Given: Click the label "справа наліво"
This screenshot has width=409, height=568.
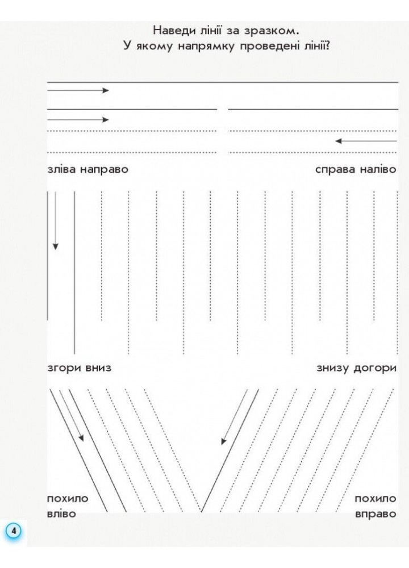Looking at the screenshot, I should pos(356,169).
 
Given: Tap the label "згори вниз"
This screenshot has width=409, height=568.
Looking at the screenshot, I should pos(79,367).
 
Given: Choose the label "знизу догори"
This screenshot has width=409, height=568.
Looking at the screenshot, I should pos(357,367).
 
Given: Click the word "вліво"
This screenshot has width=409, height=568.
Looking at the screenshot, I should pos(61,513).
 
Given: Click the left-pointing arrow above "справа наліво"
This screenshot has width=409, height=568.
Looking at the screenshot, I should pos(365,140).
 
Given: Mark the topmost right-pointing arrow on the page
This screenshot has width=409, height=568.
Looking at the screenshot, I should pos(77,90).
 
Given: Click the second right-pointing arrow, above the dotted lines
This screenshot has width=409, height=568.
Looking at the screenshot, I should pos(77,119).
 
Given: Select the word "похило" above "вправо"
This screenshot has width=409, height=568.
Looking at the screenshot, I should pos(375,499).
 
